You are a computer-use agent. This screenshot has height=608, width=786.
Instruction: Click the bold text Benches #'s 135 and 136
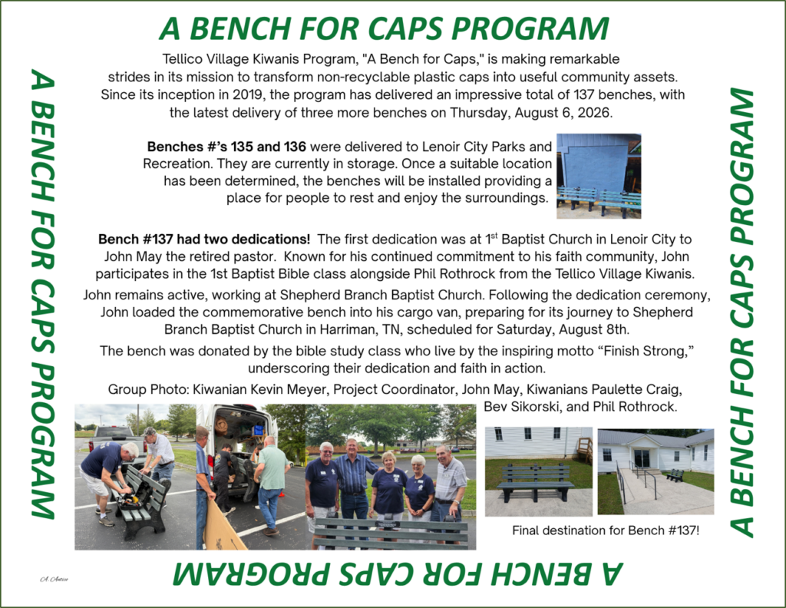226,147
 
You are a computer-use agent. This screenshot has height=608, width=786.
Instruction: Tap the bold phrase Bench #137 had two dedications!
204,239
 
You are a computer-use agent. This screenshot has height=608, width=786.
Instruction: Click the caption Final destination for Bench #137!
606,530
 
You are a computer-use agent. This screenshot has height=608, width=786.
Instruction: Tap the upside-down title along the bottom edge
398,573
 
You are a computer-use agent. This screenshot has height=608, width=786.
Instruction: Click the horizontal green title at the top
384,28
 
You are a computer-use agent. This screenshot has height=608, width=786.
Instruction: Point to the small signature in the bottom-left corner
54,580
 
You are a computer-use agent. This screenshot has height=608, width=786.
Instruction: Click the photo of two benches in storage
599,176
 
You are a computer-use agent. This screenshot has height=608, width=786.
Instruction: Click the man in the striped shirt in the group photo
353,476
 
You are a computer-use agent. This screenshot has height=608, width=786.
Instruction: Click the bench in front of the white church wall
535,482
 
